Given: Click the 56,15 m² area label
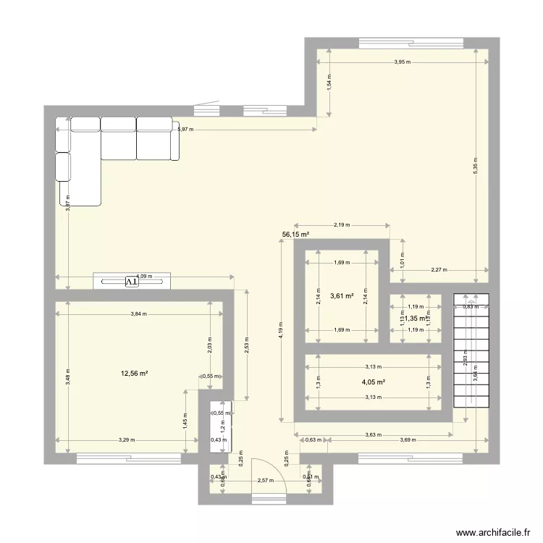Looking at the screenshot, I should (295, 235).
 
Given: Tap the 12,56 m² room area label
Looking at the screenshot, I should (134, 374).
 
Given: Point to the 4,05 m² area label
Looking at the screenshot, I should (373, 382).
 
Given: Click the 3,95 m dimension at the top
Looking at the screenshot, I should (402, 62).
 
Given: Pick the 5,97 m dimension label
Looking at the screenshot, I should (185, 130).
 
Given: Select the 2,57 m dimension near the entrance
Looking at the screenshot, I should (263, 480).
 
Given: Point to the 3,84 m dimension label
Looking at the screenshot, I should (138, 313).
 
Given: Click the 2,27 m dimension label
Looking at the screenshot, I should (439, 270).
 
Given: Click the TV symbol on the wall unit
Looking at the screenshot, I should (132, 282).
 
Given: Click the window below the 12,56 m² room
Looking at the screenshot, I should (128, 457).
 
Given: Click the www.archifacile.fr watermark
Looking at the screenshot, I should (489, 530).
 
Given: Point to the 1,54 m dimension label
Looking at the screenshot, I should (328, 83).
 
